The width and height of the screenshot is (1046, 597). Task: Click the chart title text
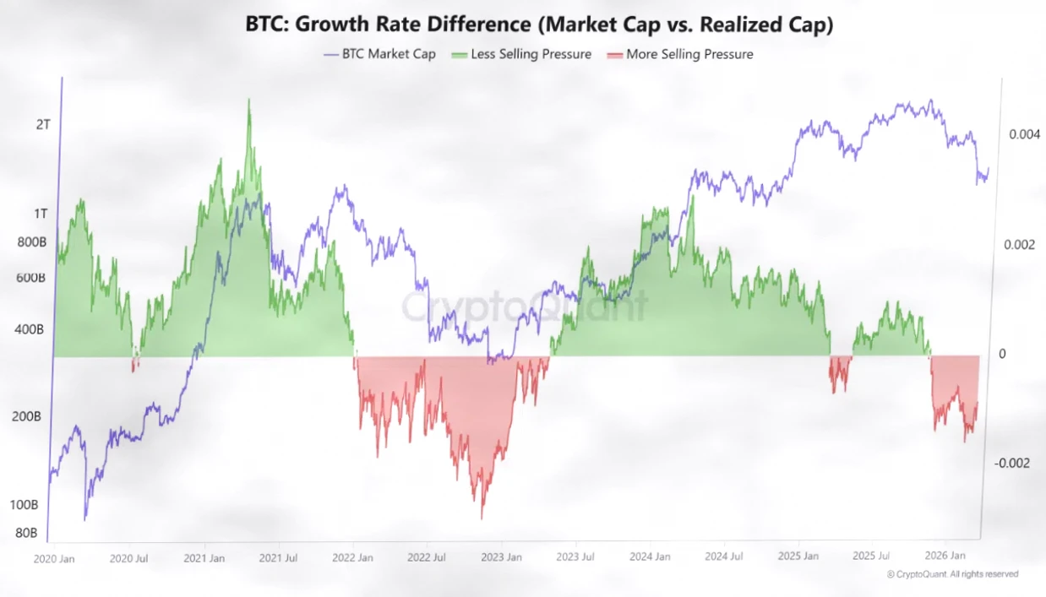click(x=539, y=25)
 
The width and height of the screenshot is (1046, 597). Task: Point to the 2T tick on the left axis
click(x=43, y=124)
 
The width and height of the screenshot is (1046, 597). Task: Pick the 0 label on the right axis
click(x=1003, y=354)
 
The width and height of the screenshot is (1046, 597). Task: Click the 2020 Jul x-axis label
click(x=129, y=557)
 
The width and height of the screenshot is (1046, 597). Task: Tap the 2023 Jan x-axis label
click(x=502, y=557)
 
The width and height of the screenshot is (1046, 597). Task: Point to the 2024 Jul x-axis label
click(x=723, y=557)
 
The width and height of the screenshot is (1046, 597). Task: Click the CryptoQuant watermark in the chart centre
click(x=524, y=307)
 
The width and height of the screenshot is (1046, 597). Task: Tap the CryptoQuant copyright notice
click(x=952, y=574)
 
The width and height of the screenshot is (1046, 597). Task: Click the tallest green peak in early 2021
click(x=248, y=101)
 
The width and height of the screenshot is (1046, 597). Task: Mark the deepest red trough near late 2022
click(x=482, y=517)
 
